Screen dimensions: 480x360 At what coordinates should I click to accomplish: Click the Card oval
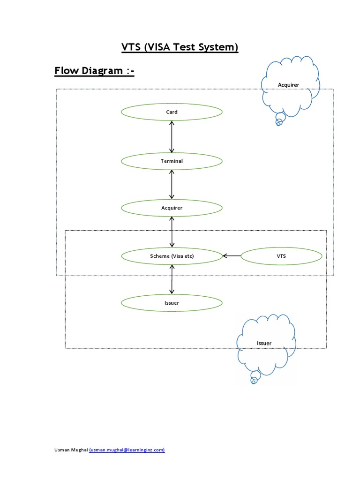(x=172, y=112)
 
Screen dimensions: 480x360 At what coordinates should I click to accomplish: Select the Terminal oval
(x=172, y=161)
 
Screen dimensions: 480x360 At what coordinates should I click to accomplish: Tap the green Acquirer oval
(x=172, y=208)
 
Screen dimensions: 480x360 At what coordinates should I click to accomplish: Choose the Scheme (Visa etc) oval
(x=172, y=256)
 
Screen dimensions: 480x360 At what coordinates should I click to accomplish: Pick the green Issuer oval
(x=172, y=303)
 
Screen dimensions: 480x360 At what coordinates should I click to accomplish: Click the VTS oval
(x=281, y=256)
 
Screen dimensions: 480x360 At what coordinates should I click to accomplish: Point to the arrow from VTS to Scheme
(x=232, y=256)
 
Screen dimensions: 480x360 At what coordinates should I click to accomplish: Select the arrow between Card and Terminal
(x=172, y=136)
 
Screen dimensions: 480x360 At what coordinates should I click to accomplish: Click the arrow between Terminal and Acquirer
(x=172, y=184)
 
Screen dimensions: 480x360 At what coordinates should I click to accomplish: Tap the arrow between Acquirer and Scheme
(x=172, y=232)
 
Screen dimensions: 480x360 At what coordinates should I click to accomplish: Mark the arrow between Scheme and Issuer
(x=172, y=279)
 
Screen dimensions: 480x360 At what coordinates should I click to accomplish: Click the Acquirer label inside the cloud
(x=288, y=85)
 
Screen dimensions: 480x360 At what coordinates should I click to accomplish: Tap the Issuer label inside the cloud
(x=264, y=343)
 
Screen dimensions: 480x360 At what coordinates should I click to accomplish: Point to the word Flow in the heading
(x=67, y=71)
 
